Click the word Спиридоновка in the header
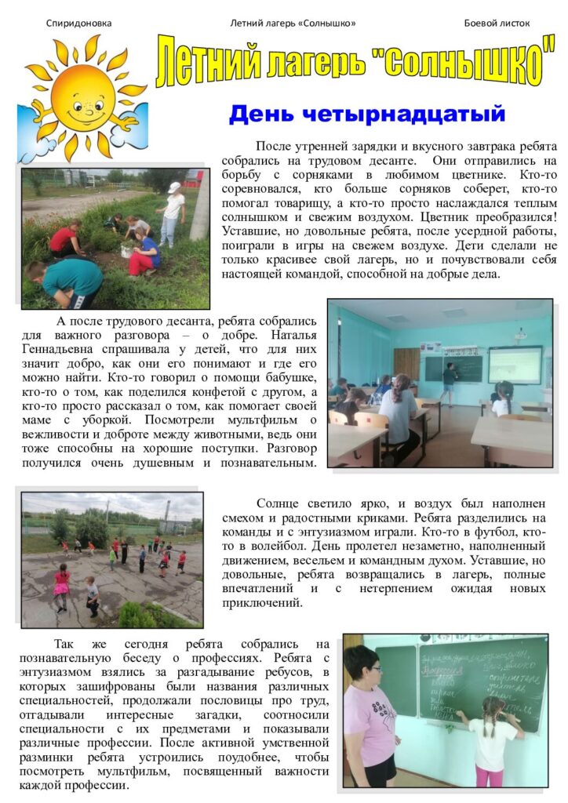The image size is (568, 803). [78, 23]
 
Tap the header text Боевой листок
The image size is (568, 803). [497, 23]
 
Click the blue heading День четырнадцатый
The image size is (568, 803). [366, 114]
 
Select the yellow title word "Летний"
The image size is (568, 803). [206, 63]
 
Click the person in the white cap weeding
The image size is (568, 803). [172, 212]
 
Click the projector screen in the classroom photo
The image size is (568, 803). [514, 365]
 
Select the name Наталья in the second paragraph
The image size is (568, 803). [289, 335]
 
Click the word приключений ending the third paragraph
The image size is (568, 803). [260, 604]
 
